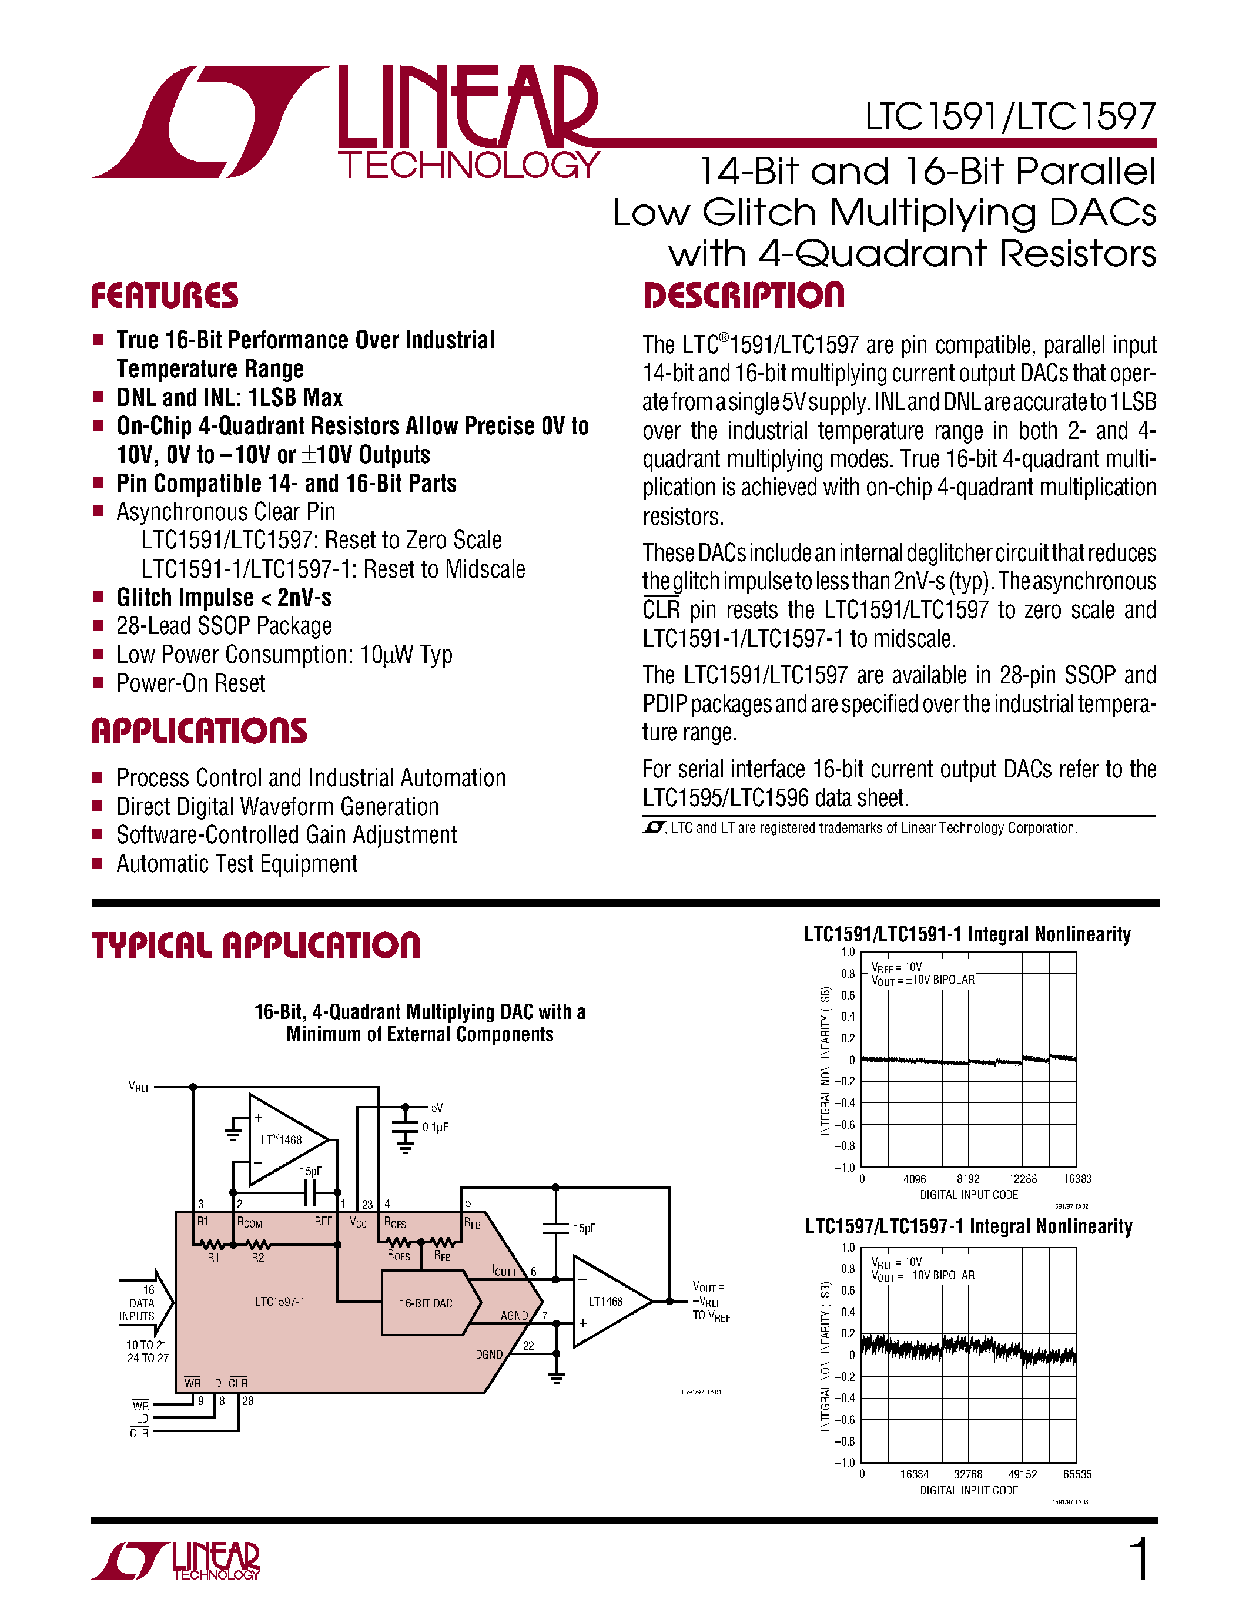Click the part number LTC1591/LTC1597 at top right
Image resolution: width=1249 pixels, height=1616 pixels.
[1010, 117]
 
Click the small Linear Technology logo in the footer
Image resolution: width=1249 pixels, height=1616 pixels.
[176, 1561]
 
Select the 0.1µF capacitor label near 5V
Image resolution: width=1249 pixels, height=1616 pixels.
[435, 1127]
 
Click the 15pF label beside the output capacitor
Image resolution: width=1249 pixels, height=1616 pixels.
[584, 1228]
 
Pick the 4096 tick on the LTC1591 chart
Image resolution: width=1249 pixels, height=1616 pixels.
[915, 1179]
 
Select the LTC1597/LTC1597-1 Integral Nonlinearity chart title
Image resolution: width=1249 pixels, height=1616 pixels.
[969, 1228]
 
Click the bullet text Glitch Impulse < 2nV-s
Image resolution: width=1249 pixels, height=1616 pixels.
[223, 597]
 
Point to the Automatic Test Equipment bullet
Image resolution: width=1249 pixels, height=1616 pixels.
[237, 863]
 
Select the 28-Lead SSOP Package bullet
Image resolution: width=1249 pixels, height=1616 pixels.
[223, 626]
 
